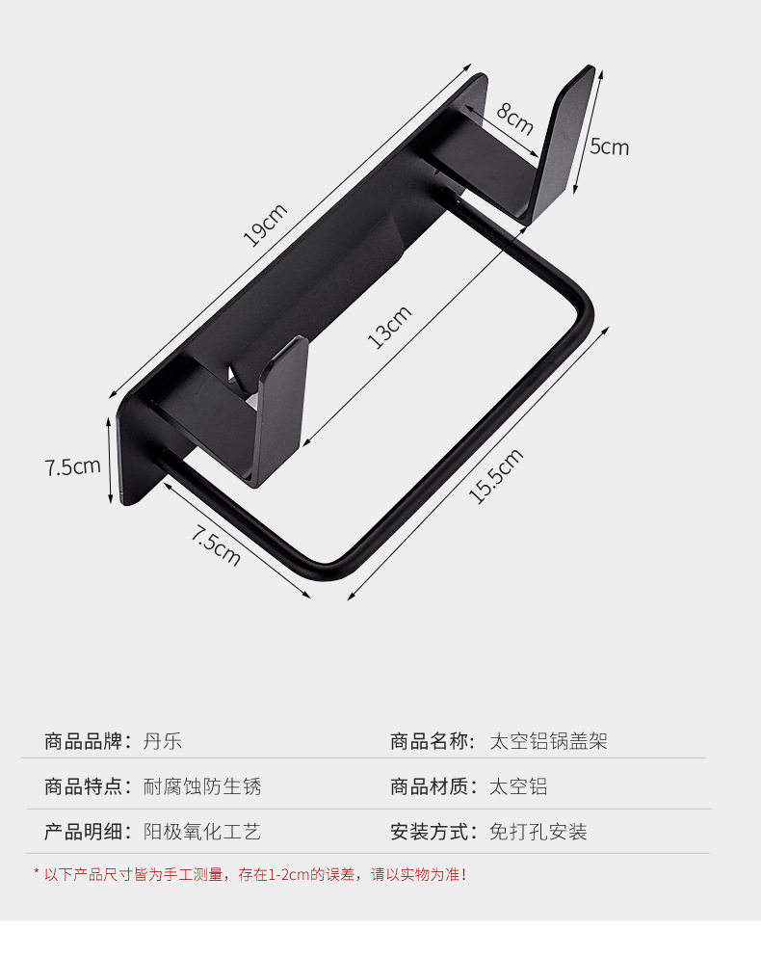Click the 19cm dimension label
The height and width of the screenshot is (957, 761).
pyautogui.click(x=265, y=225)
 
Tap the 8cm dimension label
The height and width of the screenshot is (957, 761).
pyautogui.click(x=515, y=119)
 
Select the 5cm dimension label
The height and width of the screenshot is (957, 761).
pyautogui.click(x=609, y=146)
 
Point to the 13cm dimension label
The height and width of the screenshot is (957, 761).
pyautogui.click(x=390, y=327)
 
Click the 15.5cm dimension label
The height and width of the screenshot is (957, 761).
pyautogui.click(x=495, y=476)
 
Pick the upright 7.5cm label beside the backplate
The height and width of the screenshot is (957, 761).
pyautogui.click(x=72, y=467)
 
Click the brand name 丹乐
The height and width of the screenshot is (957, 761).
pyautogui.click(x=162, y=741)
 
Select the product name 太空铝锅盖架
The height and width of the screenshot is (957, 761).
pyautogui.click(x=548, y=741)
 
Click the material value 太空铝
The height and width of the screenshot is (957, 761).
pyautogui.click(x=518, y=786)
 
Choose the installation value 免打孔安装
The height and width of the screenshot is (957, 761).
pyautogui.click(x=538, y=832)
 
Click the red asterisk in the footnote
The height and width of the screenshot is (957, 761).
pyautogui.click(x=37, y=873)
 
